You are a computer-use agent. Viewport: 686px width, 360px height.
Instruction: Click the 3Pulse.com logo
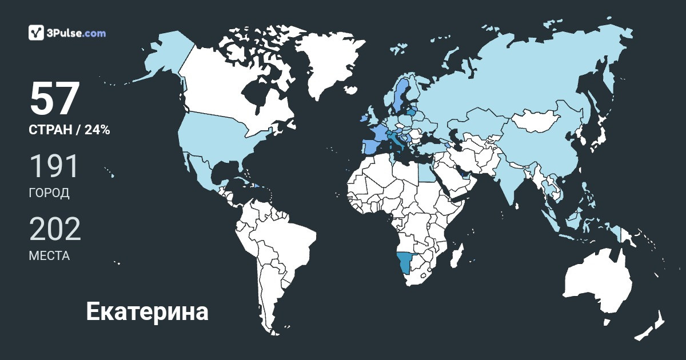pos(67,33)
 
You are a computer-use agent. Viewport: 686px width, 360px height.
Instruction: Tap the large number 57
pos(54,99)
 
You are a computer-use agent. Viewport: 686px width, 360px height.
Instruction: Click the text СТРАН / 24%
pos(69,130)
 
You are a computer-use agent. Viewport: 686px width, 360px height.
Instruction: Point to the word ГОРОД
pos(49,193)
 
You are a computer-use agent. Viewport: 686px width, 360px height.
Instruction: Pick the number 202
pos(55,229)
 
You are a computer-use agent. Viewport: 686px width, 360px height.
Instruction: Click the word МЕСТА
pos(49,256)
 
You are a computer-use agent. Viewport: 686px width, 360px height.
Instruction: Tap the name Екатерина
pos(147,312)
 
